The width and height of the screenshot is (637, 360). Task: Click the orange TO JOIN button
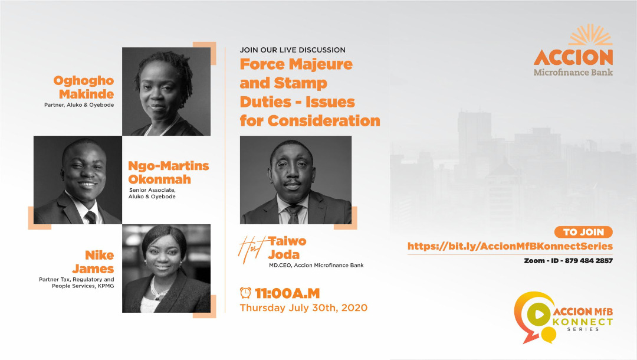583,232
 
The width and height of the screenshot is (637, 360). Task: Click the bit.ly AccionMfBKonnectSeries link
510,246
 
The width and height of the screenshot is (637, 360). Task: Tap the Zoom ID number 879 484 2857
589,260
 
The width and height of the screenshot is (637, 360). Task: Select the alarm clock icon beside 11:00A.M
245,293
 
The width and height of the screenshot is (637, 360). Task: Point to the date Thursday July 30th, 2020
304,307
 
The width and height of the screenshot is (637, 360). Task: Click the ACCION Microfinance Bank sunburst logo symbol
590,35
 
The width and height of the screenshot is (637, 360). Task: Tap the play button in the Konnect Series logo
539,315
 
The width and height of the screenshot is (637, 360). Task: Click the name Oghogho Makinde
84,87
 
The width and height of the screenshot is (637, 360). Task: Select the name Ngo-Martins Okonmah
169,172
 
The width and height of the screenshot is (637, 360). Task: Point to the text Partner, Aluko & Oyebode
79,105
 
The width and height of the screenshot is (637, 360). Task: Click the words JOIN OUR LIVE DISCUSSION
293,50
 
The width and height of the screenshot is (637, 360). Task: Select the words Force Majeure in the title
296,64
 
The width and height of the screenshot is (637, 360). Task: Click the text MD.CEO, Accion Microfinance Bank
316,266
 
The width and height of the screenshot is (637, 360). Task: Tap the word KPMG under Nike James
106,286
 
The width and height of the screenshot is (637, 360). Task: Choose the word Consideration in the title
324,120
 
